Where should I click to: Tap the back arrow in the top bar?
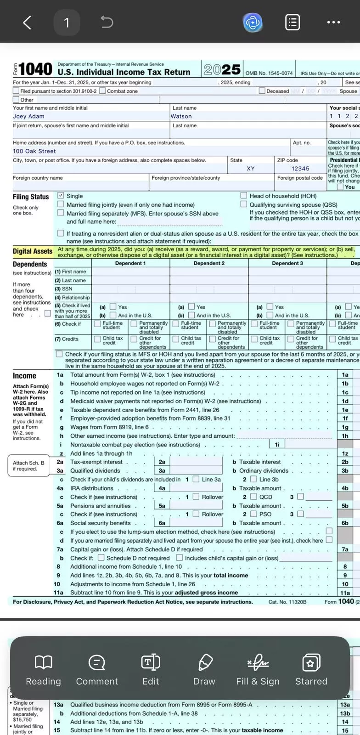point(27,22)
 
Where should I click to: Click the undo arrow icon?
point(107,22)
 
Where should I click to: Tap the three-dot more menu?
point(333,22)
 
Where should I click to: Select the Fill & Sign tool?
point(258,669)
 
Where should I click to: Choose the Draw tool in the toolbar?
point(204,669)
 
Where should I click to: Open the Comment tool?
point(97,669)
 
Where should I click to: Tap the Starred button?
point(311,669)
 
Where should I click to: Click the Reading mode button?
point(43,669)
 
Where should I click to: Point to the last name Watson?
point(181,117)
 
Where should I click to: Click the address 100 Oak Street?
point(34,151)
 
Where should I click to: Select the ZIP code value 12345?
point(300,169)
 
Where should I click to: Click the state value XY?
point(251,169)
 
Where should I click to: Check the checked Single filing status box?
point(61,196)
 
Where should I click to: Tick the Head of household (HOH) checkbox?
point(244,196)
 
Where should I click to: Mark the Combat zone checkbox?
point(102,91)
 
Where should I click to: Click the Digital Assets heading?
point(33,251)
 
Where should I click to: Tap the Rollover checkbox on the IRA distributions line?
point(196,497)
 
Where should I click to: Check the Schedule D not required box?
point(101,558)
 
